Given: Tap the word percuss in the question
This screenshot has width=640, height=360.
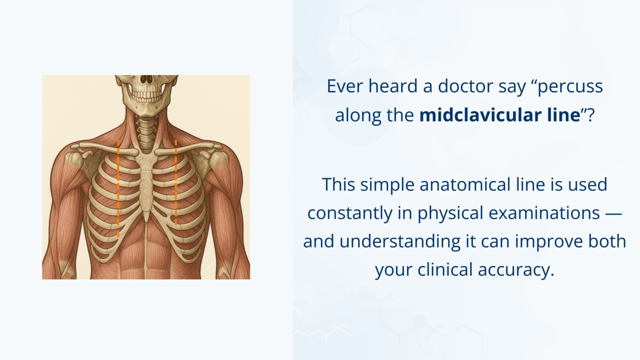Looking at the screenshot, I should [570, 87].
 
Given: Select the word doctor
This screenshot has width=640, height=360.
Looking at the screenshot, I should [466, 87].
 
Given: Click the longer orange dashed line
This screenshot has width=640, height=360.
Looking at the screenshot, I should [118, 187].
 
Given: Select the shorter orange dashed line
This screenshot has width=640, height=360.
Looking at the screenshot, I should [176, 183].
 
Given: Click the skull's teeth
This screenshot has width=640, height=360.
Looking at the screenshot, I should [146, 96].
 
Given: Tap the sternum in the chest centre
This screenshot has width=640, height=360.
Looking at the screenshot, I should [146, 183].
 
